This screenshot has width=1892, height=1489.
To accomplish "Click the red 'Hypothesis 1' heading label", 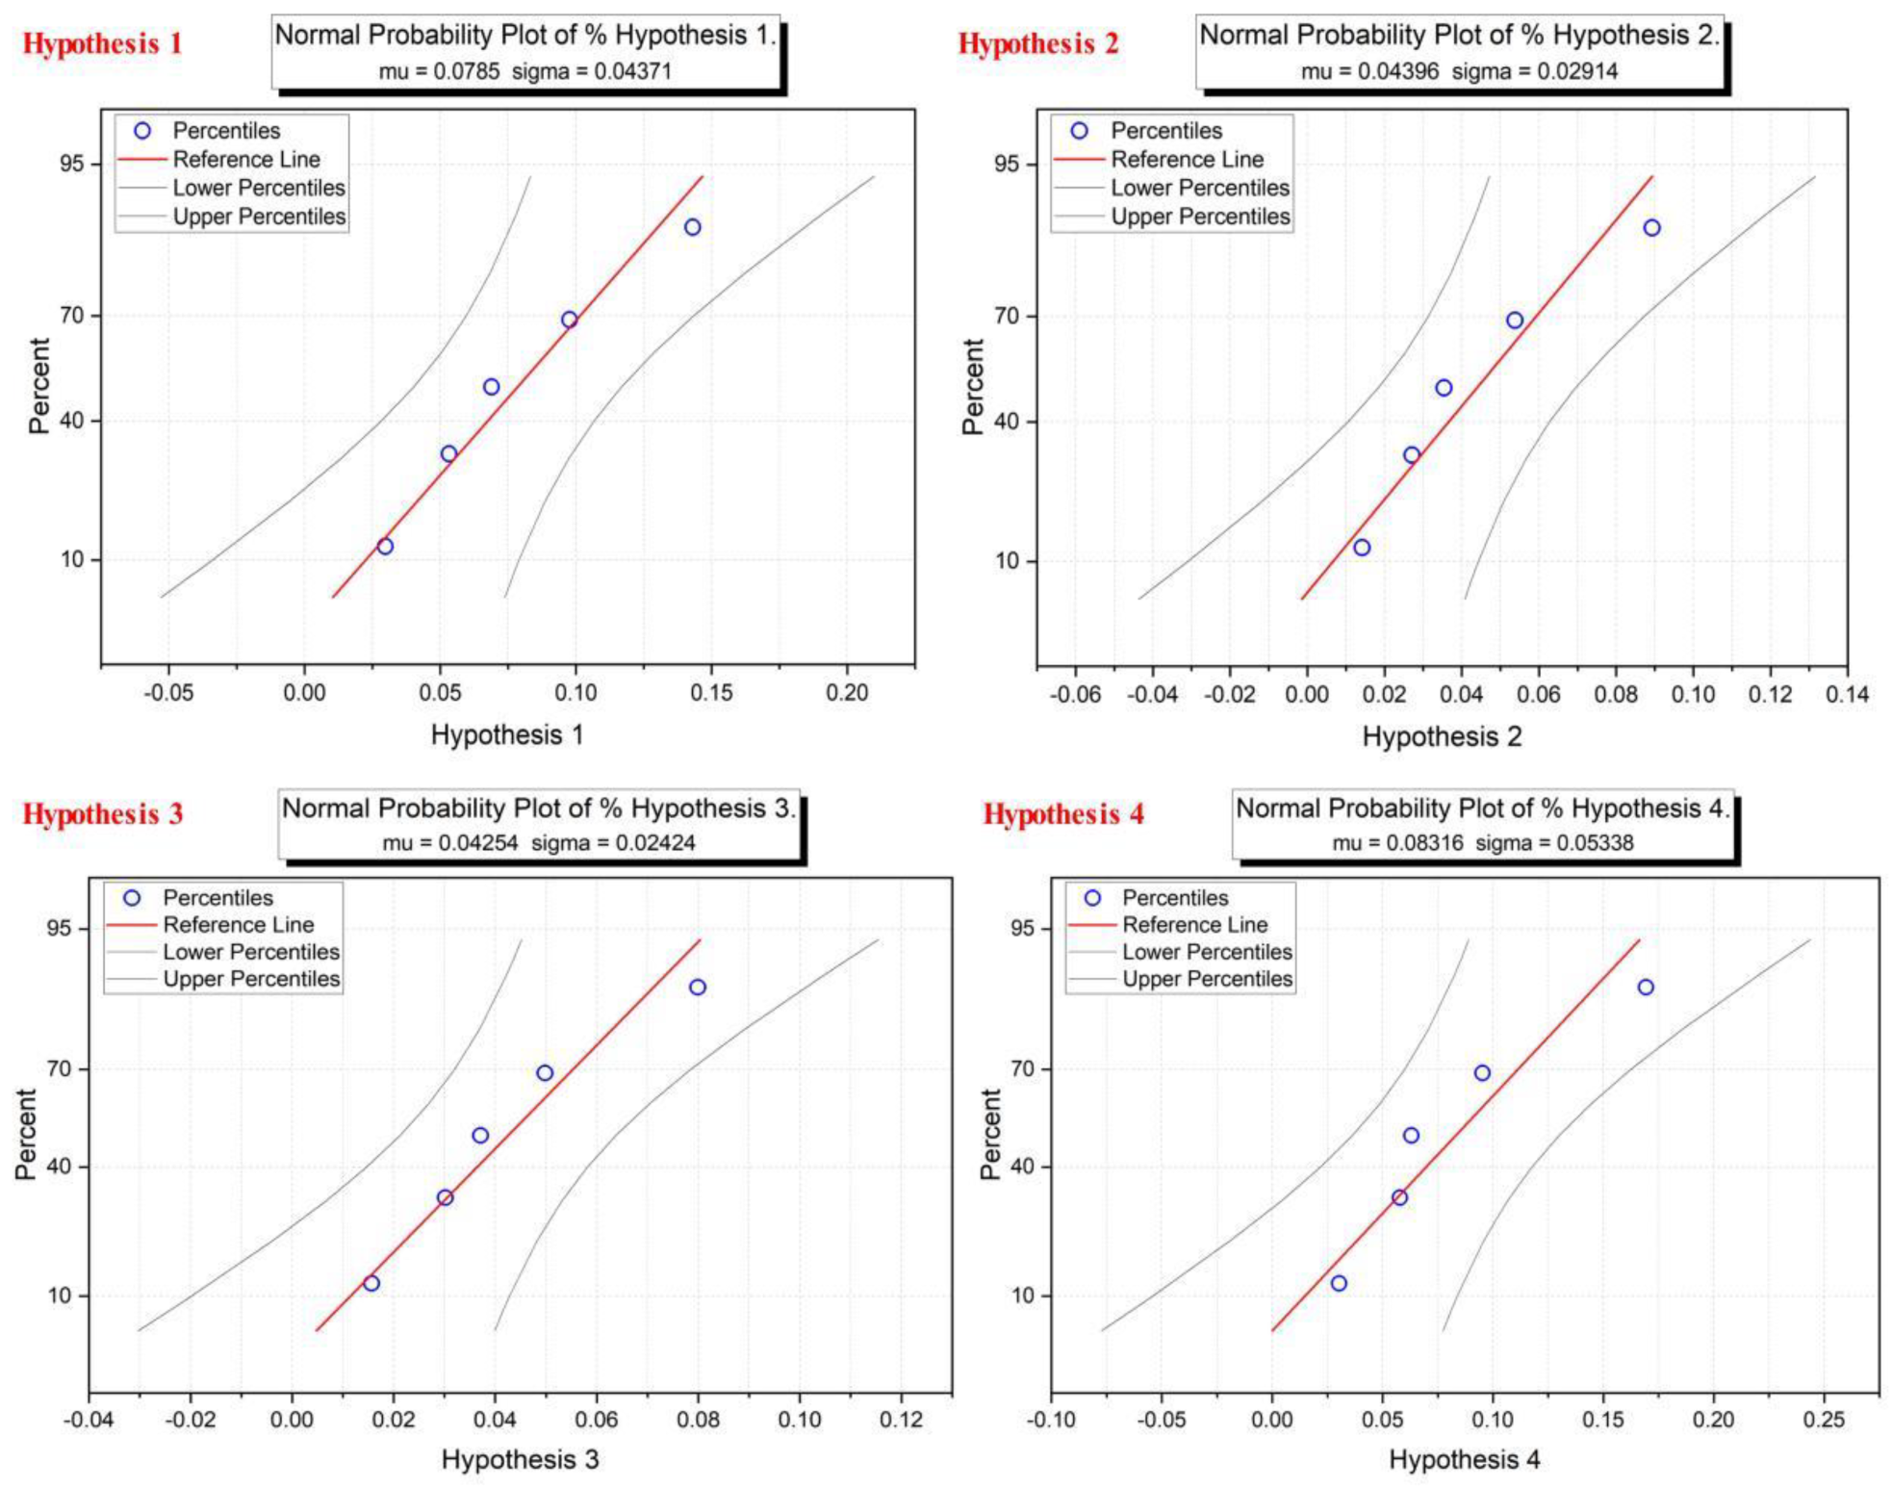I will pyautogui.click(x=102, y=43).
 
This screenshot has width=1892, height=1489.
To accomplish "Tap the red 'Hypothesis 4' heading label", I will pyautogui.click(x=1062, y=814).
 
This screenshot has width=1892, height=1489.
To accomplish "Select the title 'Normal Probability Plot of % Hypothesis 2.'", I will pyautogui.click(x=1458, y=35).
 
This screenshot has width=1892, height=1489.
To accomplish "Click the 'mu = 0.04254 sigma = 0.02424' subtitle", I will pyautogui.click(x=538, y=843).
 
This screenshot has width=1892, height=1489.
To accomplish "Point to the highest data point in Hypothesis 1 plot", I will pyautogui.click(x=692, y=227).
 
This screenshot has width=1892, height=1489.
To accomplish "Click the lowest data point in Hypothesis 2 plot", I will pyautogui.click(x=1361, y=548).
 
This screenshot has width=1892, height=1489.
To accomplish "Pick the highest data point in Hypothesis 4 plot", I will pyautogui.click(x=1645, y=988).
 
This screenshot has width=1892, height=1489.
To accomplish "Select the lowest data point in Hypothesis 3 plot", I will pyautogui.click(x=371, y=1283).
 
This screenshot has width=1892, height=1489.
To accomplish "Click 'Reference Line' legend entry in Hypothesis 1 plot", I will pyautogui.click(x=245, y=160).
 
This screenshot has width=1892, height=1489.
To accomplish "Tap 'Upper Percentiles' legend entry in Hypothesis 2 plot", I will pyautogui.click(x=1199, y=217).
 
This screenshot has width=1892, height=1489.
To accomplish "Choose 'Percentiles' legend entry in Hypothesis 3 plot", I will pyautogui.click(x=217, y=898).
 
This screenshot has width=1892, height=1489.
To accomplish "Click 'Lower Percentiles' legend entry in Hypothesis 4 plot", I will pyautogui.click(x=1207, y=952).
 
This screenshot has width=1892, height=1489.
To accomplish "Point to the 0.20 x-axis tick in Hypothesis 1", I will pyautogui.click(x=847, y=693).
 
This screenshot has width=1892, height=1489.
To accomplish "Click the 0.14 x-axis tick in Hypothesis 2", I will pyautogui.click(x=1847, y=695).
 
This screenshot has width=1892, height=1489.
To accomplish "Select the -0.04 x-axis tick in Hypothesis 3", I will pyautogui.click(x=89, y=1420).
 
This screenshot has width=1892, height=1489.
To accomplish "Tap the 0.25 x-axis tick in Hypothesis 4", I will pyautogui.click(x=1824, y=1420).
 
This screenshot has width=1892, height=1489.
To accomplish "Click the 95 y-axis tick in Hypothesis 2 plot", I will pyautogui.click(x=1006, y=164).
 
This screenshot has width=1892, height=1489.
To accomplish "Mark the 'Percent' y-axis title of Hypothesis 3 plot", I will pyautogui.click(x=26, y=1134).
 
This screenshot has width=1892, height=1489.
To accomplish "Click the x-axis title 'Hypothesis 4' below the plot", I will pyautogui.click(x=1464, y=1460).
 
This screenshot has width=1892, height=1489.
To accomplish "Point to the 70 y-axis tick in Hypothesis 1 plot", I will pyautogui.click(x=72, y=316).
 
